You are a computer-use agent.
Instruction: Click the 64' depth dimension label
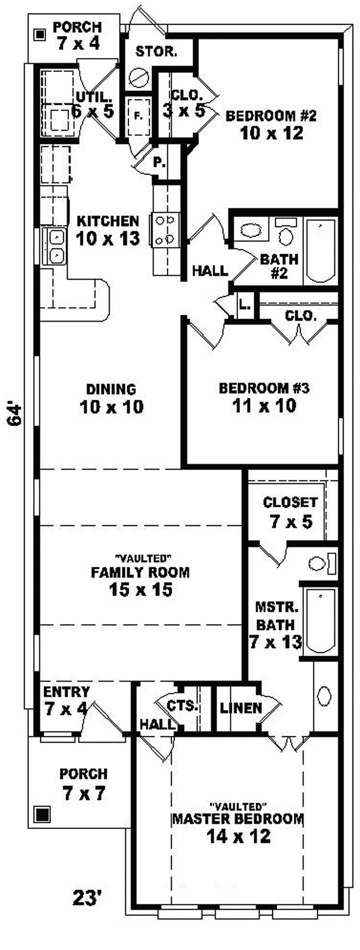[x=15, y=414]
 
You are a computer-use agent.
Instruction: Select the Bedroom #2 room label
[x=271, y=116]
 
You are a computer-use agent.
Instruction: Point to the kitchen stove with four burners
[x=165, y=230]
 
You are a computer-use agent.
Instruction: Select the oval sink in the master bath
[x=324, y=696]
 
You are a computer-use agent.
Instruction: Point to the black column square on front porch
[x=43, y=814]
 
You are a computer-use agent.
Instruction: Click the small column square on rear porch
[x=40, y=34]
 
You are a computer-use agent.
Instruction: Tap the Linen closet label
[x=241, y=708]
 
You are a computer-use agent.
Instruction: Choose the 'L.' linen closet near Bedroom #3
[x=245, y=305]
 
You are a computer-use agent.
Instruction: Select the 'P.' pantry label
[x=158, y=162]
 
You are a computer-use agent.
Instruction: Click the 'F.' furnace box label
[x=138, y=116]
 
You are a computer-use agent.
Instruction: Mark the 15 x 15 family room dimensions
[x=140, y=589]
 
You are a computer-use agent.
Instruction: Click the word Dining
[x=111, y=389]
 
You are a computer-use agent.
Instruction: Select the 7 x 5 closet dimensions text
[x=291, y=522]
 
